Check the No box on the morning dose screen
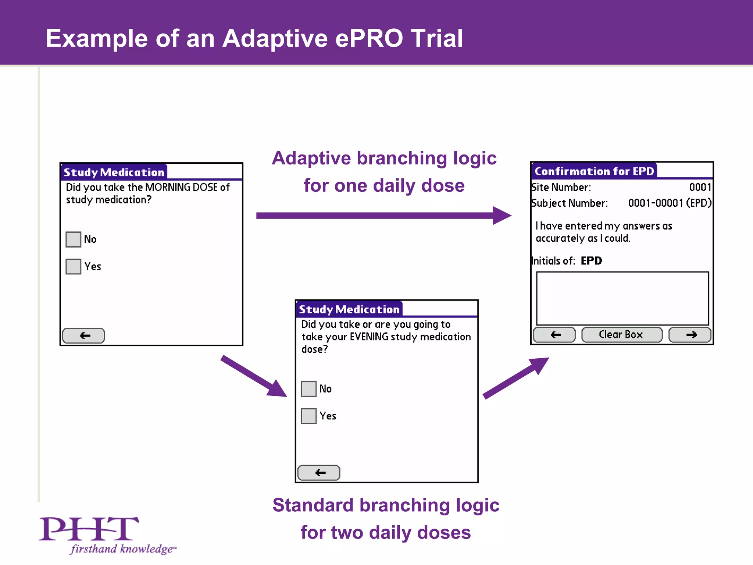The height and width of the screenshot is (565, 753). point(73,239)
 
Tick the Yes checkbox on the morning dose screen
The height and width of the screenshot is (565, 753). point(73,266)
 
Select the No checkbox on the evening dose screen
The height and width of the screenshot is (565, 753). point(308,389)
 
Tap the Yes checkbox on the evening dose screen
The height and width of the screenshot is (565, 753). point(308,416)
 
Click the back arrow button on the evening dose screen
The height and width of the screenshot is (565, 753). point(319,473)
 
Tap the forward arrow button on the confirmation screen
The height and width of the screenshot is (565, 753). point(690,335)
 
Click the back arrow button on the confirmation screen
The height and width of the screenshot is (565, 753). point(554,335)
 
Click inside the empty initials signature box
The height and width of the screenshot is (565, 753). point(622,298)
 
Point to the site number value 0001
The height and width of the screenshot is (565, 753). point(700,187)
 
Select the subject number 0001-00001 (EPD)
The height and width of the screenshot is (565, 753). point(669,203)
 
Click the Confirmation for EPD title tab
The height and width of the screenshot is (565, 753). point(594,171)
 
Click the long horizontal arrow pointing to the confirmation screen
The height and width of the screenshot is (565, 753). point(382,216)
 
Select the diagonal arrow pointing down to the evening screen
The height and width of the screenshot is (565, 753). point(254,376)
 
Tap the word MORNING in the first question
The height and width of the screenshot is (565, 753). point(168,187)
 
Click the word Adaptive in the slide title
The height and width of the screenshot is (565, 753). point(275,38)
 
